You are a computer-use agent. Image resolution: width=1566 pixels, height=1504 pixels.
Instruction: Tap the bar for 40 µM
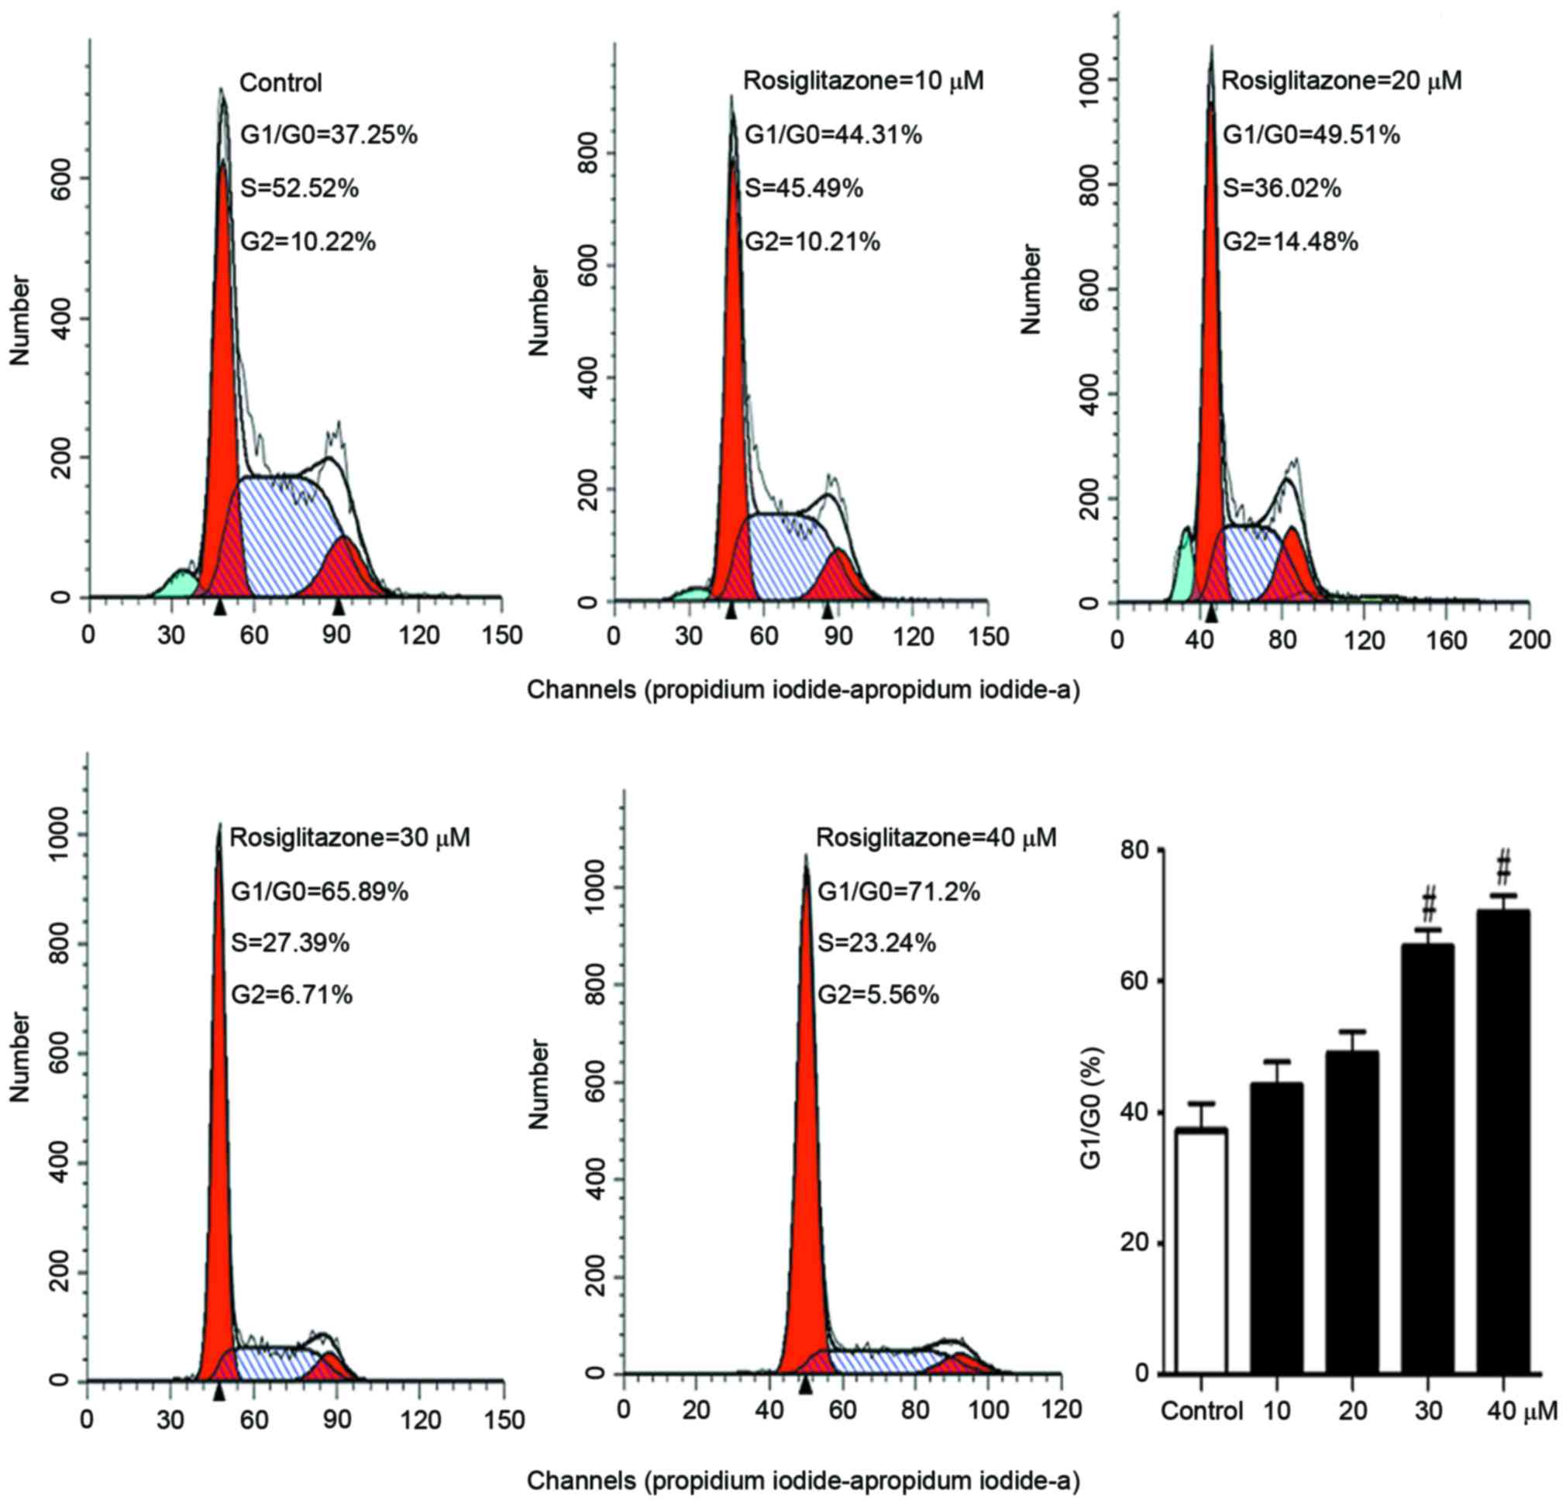1503,1143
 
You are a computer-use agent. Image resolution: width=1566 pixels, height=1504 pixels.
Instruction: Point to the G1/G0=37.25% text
329,135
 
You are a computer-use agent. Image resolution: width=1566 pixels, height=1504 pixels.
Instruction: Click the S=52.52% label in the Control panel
300,188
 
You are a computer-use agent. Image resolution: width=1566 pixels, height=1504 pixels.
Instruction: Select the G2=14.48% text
1290,241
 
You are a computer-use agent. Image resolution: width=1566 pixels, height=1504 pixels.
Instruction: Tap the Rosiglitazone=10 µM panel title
864,81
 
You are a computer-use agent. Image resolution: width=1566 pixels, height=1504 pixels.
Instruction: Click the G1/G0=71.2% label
898,891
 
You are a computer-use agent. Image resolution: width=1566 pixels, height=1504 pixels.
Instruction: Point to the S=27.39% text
290,943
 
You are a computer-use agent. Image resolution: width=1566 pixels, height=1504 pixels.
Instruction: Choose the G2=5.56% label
877,995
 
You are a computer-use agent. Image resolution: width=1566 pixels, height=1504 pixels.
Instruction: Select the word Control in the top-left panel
281,82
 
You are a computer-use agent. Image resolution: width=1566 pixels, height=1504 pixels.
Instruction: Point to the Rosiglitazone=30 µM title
350,838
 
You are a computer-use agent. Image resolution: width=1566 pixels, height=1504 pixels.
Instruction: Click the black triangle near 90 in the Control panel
339,607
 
